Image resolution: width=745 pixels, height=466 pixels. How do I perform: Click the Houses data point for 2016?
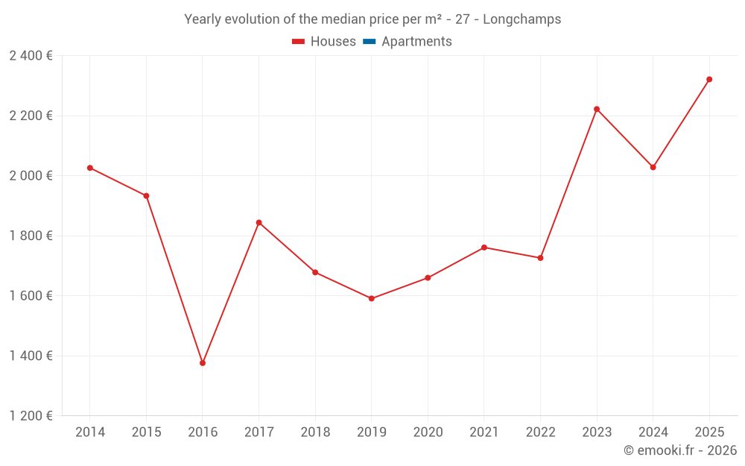[x=203, y=363]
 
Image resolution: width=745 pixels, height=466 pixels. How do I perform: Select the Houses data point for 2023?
[x=597, y=109]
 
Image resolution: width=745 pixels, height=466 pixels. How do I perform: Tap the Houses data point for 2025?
[x=709, y=79]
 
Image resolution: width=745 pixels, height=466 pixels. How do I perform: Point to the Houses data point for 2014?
[x=90, y=168]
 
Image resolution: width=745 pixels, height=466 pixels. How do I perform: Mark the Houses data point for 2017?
[x=259, y=222]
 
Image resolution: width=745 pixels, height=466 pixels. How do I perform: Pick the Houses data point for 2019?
[x=372, y=298]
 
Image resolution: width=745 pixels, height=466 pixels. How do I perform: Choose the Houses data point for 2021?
[x=484, y=247]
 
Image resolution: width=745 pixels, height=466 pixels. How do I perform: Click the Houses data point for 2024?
[x=653, y=167]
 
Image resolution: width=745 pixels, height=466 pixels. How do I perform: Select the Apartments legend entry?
[x=416, y=42]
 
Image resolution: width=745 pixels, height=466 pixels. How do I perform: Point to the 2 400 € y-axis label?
[x=31, y=56]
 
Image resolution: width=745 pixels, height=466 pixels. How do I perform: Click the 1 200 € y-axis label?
[x=31, y=416]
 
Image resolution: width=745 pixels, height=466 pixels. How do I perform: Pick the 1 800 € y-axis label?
[x=31, y=236]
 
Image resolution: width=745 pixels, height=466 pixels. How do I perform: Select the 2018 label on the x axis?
[x=315, y=432]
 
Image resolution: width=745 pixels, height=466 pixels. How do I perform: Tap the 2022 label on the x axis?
[x=541, y=432]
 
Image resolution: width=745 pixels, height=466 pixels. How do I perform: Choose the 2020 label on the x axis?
[x=428, y=432]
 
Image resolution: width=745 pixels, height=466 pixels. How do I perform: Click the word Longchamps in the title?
[x=521, y=19]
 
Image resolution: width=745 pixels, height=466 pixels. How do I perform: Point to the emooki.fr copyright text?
[x=680, y=450]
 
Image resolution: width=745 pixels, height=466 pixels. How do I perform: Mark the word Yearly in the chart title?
[x=203, y=19]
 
